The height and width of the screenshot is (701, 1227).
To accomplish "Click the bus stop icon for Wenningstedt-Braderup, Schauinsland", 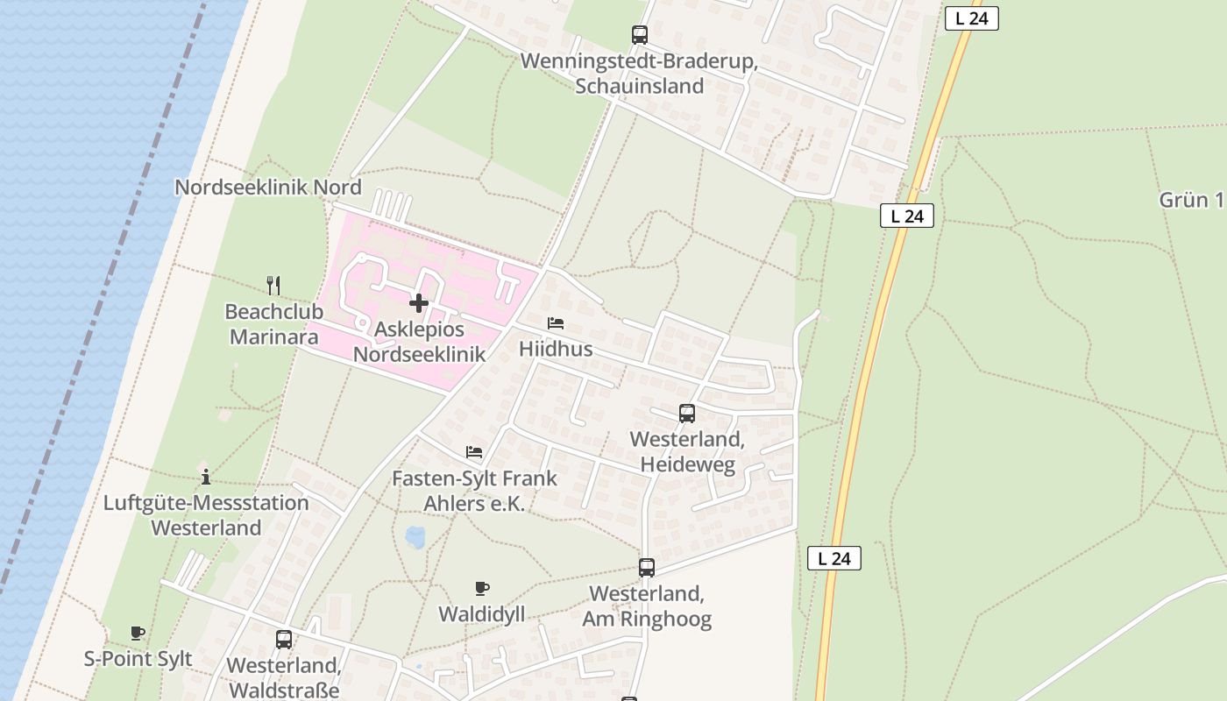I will tap(640, 35).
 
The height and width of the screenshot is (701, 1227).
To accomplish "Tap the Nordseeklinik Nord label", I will tap(267, 188).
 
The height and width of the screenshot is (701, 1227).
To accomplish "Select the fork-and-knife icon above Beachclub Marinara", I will tap(273, 285).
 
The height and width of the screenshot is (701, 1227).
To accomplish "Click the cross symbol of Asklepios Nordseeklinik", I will tap(419, 303).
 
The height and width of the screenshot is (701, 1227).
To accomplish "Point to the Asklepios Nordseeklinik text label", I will tap(419, 342).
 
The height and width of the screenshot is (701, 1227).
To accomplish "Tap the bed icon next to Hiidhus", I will tap(556, 323).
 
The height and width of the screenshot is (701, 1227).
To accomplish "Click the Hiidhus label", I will tap(556, 349).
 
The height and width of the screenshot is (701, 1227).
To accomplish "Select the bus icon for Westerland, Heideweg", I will tap(687, 413).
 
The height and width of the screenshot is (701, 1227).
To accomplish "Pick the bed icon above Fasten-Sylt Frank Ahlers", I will tap(474, 452).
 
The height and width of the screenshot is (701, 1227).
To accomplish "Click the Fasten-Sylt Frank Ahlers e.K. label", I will tap(474, 492).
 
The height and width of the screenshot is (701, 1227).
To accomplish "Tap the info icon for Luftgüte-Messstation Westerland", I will tap(206, 477).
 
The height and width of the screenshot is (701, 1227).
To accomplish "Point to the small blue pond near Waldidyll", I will tap(415, 536).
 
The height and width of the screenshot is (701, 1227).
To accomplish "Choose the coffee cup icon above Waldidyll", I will tap(482, 588).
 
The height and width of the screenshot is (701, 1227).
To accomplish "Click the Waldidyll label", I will tap(482, 614).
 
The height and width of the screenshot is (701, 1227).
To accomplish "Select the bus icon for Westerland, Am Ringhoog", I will tap(647, 568).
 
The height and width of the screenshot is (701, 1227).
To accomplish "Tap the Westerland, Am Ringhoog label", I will tap(647, 606).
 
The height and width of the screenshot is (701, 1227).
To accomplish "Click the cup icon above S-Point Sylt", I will tap(138, 633).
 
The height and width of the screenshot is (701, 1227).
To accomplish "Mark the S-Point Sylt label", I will tap(138, 659).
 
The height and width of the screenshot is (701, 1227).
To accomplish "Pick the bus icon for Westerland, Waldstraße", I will tap(284, 640).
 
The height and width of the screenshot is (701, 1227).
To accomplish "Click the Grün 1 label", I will tap(1191, 200).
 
